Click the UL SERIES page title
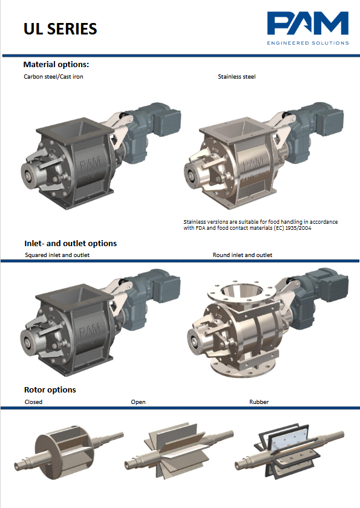(61, 29)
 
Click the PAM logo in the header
(308, 23)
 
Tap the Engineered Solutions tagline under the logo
(308, 43)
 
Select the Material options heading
(56, 65)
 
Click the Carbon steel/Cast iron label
(53, 77)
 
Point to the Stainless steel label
(237, 77)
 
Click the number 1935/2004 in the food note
(298, 228)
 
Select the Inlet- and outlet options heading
(71, 243)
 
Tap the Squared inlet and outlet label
(57, 255)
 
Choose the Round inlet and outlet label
(243, 255)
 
